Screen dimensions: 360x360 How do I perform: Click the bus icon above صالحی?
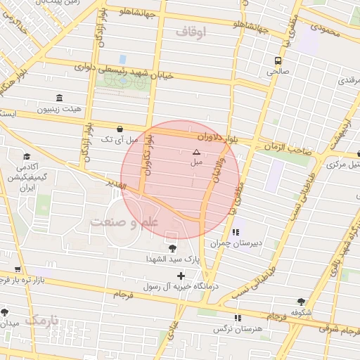click(279, 60)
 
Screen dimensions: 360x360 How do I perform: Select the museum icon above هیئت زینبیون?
click(58, 97)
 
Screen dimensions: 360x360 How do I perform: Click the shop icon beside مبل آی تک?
click(120, 129)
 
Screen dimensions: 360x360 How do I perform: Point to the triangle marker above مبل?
click(196, 152)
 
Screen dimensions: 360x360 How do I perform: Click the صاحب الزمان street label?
click(288, 148)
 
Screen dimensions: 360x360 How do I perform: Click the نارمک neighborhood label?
click(40, 320)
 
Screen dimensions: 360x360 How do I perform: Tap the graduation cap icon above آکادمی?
click(27, 156)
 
